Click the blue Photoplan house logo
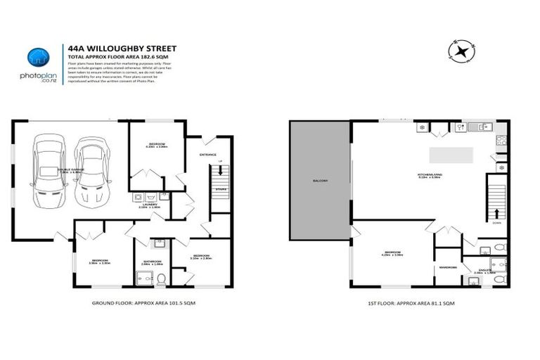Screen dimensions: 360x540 pos(38,57)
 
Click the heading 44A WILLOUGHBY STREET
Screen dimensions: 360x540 pos(122,49)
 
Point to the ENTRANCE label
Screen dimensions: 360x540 pos(207,155)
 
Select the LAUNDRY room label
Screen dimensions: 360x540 pos(150,205)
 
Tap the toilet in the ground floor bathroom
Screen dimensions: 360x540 pos(161,279)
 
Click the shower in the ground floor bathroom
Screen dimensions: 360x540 pos(143,279)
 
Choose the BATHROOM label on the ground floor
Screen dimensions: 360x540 pos(153,262)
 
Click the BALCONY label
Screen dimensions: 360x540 pos(320,181)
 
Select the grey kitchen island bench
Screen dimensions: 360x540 pos(451,154)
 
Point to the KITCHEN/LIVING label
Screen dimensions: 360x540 pos(428,175)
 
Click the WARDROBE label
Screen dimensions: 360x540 pos(448,267)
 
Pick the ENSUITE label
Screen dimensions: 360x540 pos(484,269)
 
